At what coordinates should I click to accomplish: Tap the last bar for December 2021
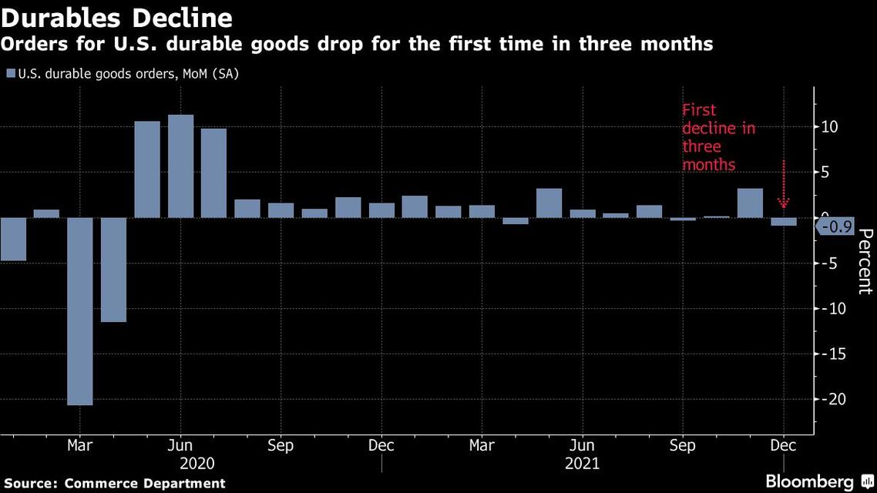tap(784, 222)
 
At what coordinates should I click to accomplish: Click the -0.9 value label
tap(835, 226)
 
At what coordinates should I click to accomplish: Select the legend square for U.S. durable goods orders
tap(10, 74)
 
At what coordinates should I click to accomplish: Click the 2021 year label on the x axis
tap(583, 464)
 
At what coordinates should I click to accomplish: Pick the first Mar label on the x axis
tap(80, 446)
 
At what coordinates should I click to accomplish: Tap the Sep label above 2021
tap(683, 446)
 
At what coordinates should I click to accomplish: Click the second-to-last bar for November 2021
tap(750, 203)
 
